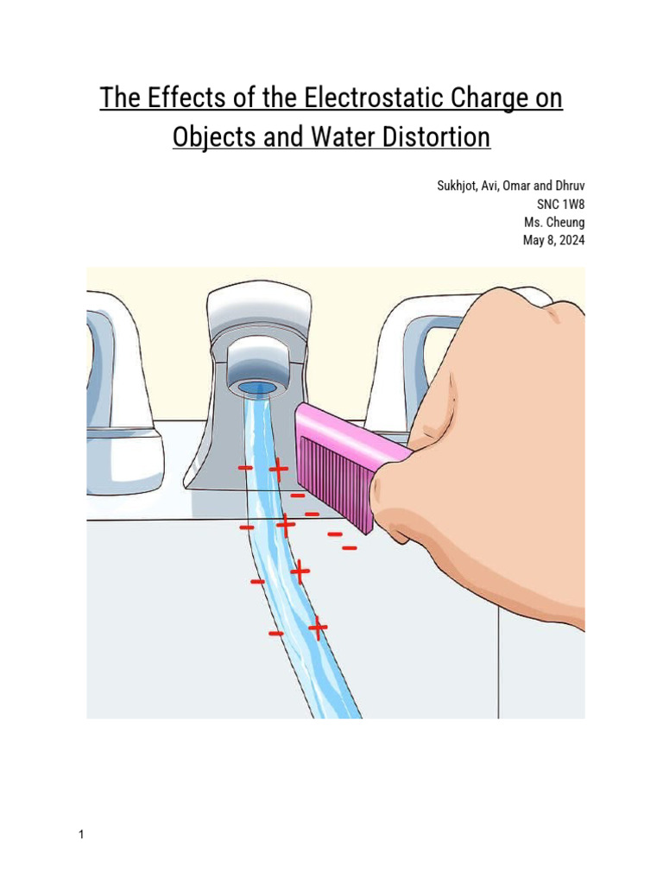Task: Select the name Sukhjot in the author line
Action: (x=458, y=188)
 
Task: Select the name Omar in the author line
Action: (x=521, y=188)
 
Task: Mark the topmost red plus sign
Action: (x=278, y=469)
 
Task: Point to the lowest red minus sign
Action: (x=275, y=635)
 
